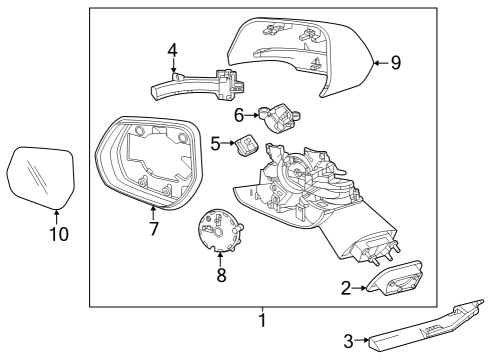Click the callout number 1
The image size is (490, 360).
coord(262,322)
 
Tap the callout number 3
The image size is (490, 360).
coord(349,342)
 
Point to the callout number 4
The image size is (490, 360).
coord(172,49)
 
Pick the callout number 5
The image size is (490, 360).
coord(215,144)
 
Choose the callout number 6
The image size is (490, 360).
coord(240,116)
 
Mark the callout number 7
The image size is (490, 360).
coord(153,229)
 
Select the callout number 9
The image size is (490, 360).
coord(395,63)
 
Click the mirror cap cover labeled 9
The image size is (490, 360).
coord(300,55)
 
